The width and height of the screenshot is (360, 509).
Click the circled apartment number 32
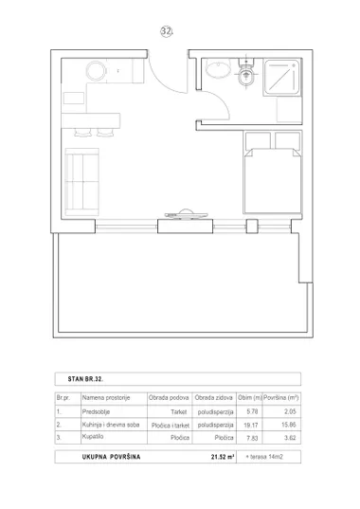(167, 31)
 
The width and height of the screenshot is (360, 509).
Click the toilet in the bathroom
(246, 73)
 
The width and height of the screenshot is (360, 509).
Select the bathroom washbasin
(219, 68)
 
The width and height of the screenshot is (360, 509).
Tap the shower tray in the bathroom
(281, 78)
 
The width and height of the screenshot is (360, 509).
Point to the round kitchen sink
(97, 70)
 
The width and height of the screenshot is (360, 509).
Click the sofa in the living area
(81, 182)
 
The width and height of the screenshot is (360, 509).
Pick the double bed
(273, 173)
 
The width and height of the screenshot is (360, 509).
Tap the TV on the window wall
(186, 214)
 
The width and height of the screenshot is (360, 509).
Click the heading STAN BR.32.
(85, 379)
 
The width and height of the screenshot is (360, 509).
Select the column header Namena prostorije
(106, 398)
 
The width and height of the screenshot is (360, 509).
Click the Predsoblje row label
(96, 411)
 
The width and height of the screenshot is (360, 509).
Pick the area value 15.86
(289, 425)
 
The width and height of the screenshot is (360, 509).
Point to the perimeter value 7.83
(252, 438)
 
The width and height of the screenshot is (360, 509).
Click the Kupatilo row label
(93, 436)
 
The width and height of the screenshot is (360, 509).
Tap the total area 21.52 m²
(223, 457)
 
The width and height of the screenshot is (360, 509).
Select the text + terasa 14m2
(264, 457)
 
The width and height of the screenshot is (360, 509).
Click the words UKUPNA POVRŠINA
(111, 457)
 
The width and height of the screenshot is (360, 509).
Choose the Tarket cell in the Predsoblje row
(179, 412)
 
